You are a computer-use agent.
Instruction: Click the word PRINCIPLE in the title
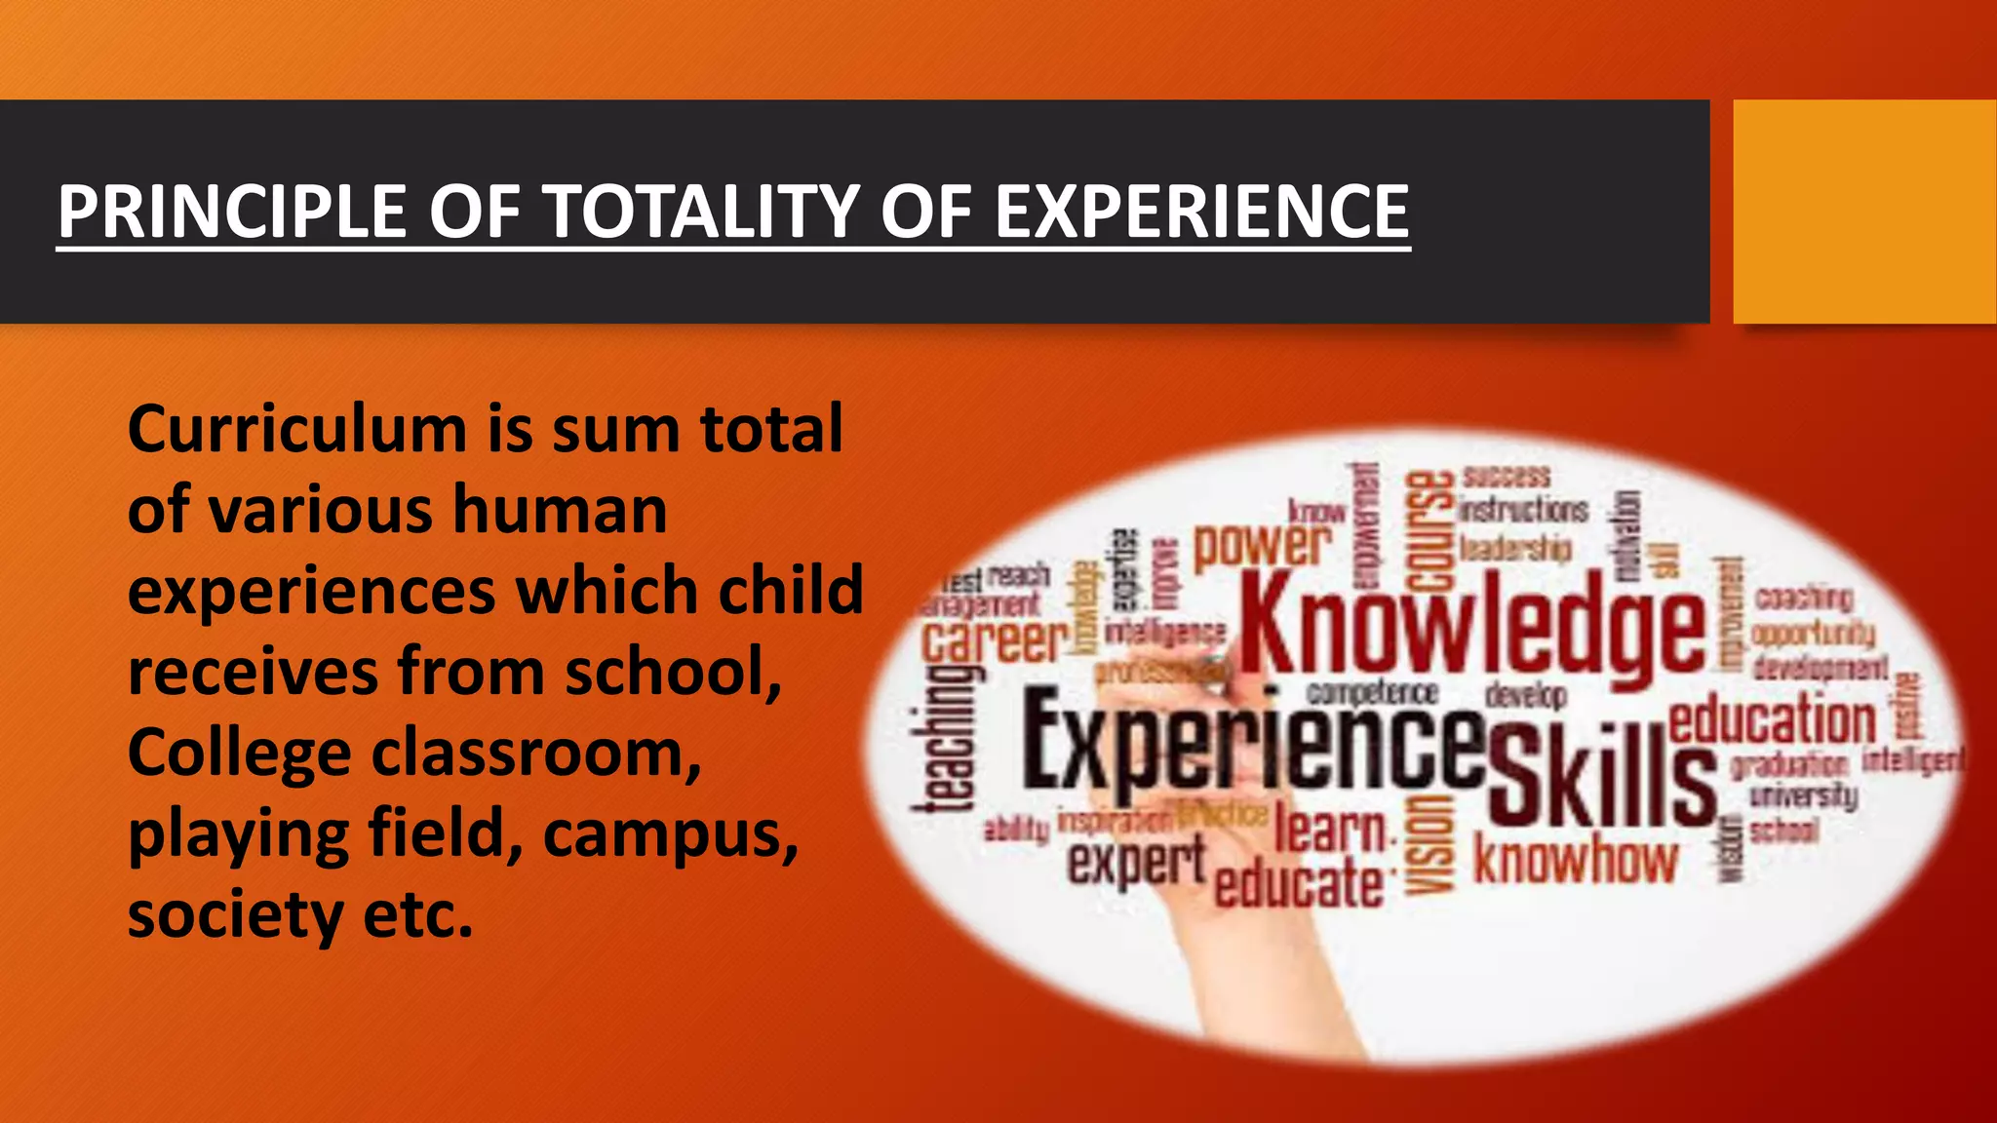point(232,212)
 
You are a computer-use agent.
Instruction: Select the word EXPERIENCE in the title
point(1201,212)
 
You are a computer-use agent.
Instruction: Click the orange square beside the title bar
point(1864,212)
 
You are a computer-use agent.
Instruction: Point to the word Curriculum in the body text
point(297,430)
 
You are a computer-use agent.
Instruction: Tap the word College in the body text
point(239,754)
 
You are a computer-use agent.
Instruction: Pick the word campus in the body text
point(671,835)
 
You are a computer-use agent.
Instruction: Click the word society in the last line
point(235,915)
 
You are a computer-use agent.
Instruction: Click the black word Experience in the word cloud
point(1253,746)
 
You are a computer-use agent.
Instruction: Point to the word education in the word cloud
point(1772,720)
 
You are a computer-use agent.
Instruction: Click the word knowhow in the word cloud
point(1575,861)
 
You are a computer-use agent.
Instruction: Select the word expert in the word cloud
point(1136,863)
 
